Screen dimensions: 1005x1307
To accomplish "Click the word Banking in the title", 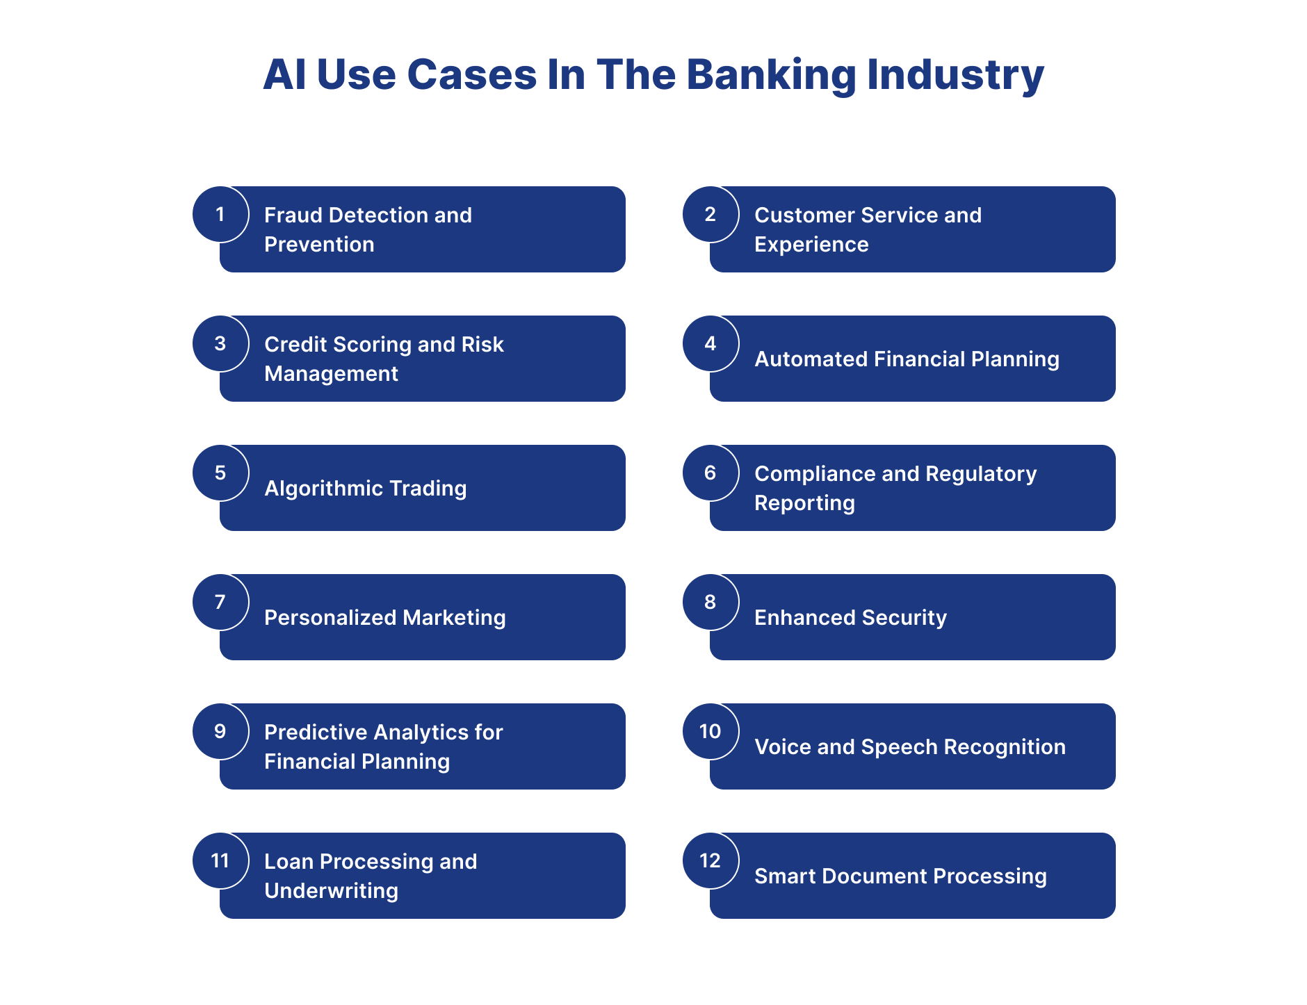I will tap(770, 75).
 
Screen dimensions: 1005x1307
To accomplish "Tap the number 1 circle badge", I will tap(220, 214).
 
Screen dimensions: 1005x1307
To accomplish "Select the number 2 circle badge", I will tap(710, 214).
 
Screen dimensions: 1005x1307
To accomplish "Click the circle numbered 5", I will tap(220, 473).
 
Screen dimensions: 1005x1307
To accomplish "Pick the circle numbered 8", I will tap(710, 602).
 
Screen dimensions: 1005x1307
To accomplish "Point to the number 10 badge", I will tap(710, 731).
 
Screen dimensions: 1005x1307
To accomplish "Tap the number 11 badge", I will tap(220, 860).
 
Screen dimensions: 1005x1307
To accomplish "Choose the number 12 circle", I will tap(710, 860).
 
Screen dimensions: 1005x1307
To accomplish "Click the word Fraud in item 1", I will tap(293, 215).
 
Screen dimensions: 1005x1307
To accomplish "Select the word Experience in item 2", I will tap(811, 245).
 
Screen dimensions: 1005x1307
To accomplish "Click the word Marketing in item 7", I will tap(454, 618).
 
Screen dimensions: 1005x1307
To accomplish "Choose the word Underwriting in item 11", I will tap(331, 891).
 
